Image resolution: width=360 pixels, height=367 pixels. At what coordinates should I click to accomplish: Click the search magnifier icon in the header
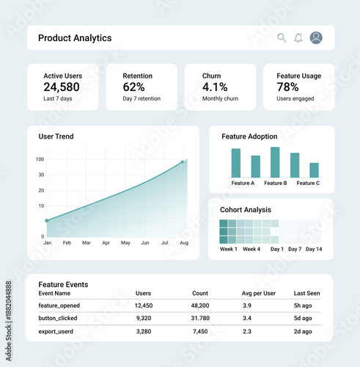point(282,38)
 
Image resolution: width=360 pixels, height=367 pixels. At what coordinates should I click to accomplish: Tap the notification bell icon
point(298,38)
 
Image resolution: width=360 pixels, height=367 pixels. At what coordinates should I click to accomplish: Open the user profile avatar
point(316,38)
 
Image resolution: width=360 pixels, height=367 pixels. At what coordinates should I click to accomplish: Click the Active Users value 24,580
point(62,87)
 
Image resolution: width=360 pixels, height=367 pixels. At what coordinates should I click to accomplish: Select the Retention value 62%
point(133,87)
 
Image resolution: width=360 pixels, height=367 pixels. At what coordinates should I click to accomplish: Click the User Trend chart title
point(56,137)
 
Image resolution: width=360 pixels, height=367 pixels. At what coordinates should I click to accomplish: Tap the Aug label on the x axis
point(184,242)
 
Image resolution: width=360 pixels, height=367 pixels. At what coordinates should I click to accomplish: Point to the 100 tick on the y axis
point(40,159)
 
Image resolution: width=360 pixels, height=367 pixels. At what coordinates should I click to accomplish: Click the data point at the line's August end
point(183,162)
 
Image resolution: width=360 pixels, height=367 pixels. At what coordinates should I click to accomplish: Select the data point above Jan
point(47,220)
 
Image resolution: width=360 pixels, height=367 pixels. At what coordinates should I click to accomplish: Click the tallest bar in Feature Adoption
point(275,162)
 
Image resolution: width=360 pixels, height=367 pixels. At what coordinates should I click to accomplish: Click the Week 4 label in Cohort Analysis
point(251,250)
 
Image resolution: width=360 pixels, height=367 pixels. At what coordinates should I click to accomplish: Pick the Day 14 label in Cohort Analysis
point(314,250)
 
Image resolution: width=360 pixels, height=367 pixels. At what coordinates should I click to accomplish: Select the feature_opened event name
point(59,305)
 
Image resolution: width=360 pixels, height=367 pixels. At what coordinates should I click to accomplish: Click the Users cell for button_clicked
point(144,319)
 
